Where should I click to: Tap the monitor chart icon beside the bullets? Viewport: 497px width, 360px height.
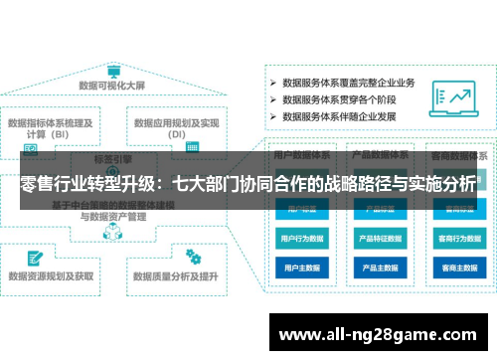coord(458,97)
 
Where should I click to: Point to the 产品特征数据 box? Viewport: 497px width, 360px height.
coord(380,239)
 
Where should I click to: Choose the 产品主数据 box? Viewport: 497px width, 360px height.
coord(380,269)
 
